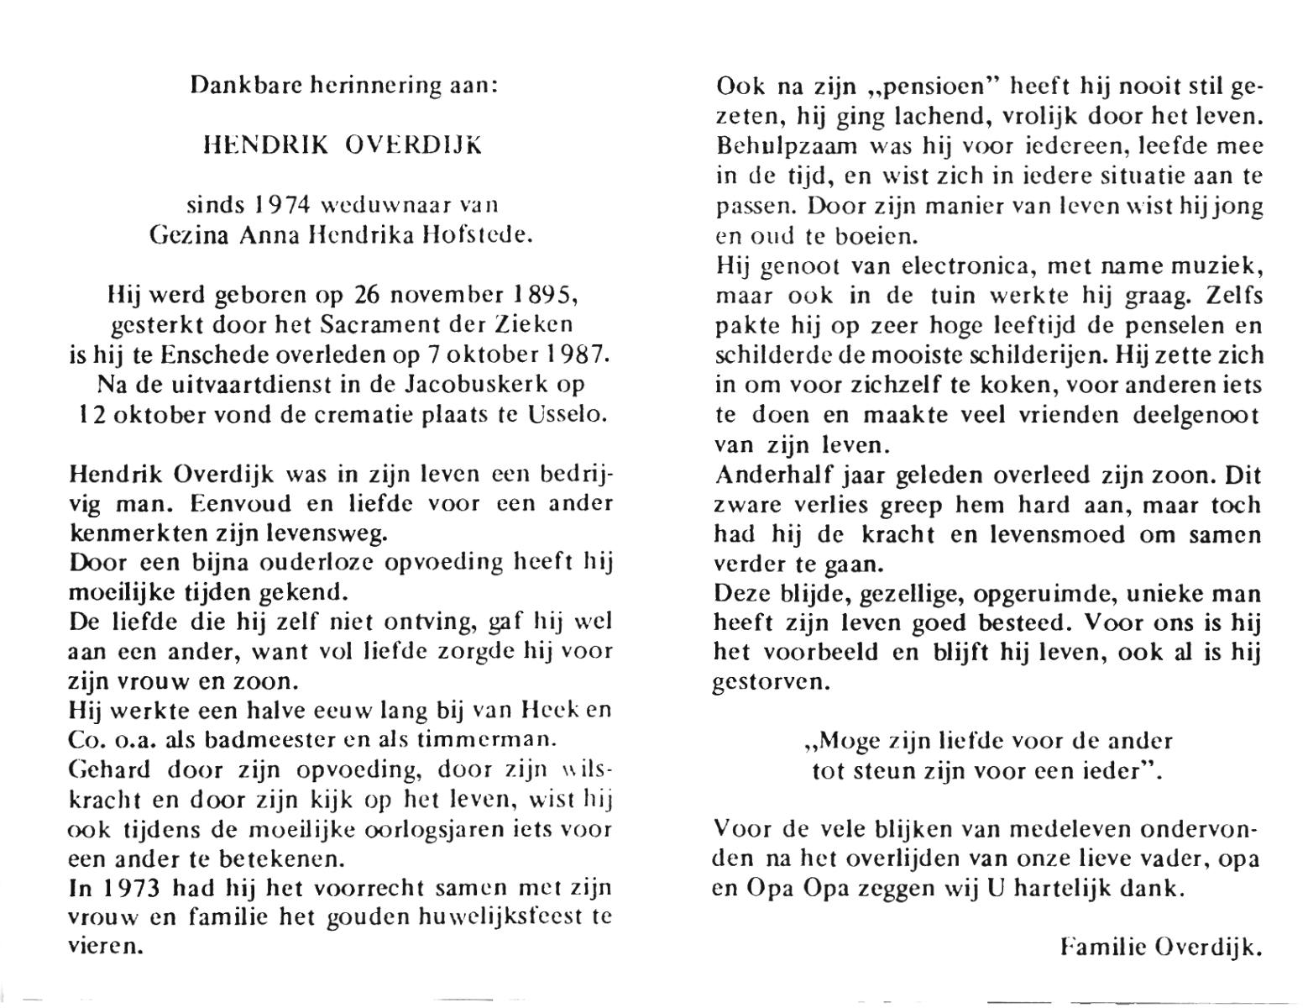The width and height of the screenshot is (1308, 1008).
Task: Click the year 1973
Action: pos(125,888)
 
